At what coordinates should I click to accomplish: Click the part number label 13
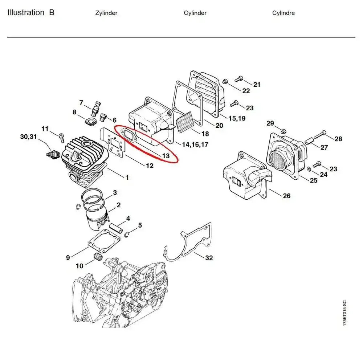click(166, 156)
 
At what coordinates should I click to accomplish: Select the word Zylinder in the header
click(106, 13)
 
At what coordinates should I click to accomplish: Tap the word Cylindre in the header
click(283, 13)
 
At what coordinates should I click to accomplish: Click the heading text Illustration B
click(31, 13)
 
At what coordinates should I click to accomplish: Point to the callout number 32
click(209, 258)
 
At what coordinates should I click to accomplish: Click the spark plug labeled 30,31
click(52, 154)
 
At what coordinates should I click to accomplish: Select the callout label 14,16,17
click(195, 144)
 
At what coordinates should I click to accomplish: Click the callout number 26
click(286, 196)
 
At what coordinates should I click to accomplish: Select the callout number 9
click(68, 258)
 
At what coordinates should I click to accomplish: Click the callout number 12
click(149, 166)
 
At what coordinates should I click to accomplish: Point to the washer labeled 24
click(308, 169)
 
